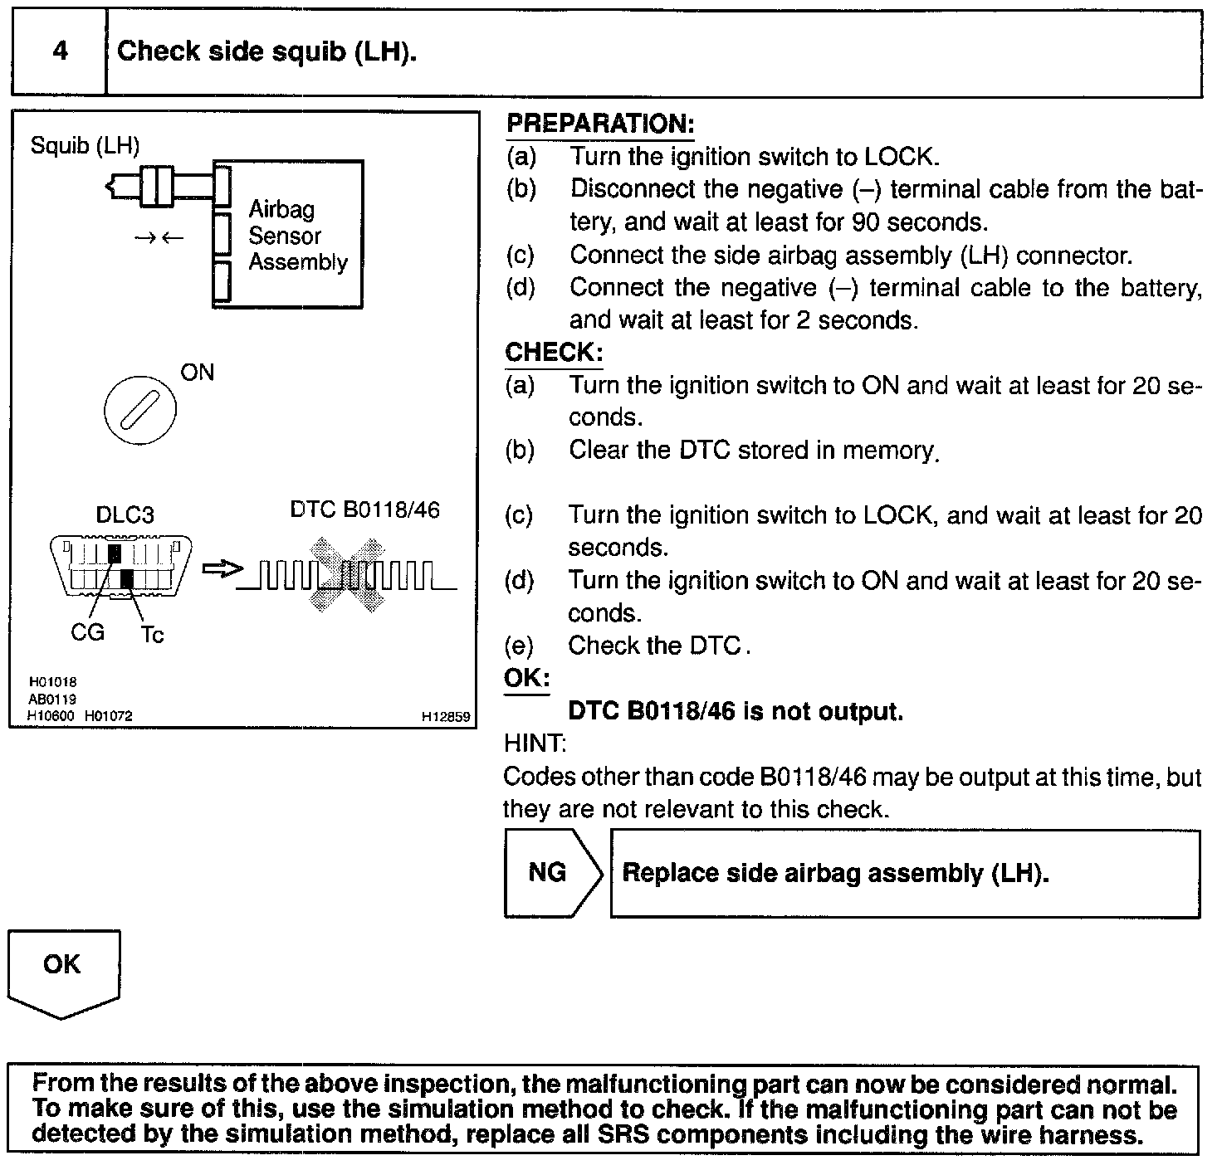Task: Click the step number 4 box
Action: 60,52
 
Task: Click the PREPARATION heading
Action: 599,124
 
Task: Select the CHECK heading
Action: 553,353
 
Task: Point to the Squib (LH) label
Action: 85,146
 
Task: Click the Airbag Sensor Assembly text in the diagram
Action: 297,236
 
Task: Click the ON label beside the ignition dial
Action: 198,373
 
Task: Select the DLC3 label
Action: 125,515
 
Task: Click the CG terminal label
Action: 87,633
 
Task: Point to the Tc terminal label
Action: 152,635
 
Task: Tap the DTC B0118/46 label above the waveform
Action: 364,509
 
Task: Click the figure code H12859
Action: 446,716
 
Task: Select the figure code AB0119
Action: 51,700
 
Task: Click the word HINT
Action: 535,743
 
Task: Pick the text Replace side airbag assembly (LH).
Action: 835,873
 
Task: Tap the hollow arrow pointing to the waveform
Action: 222,568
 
